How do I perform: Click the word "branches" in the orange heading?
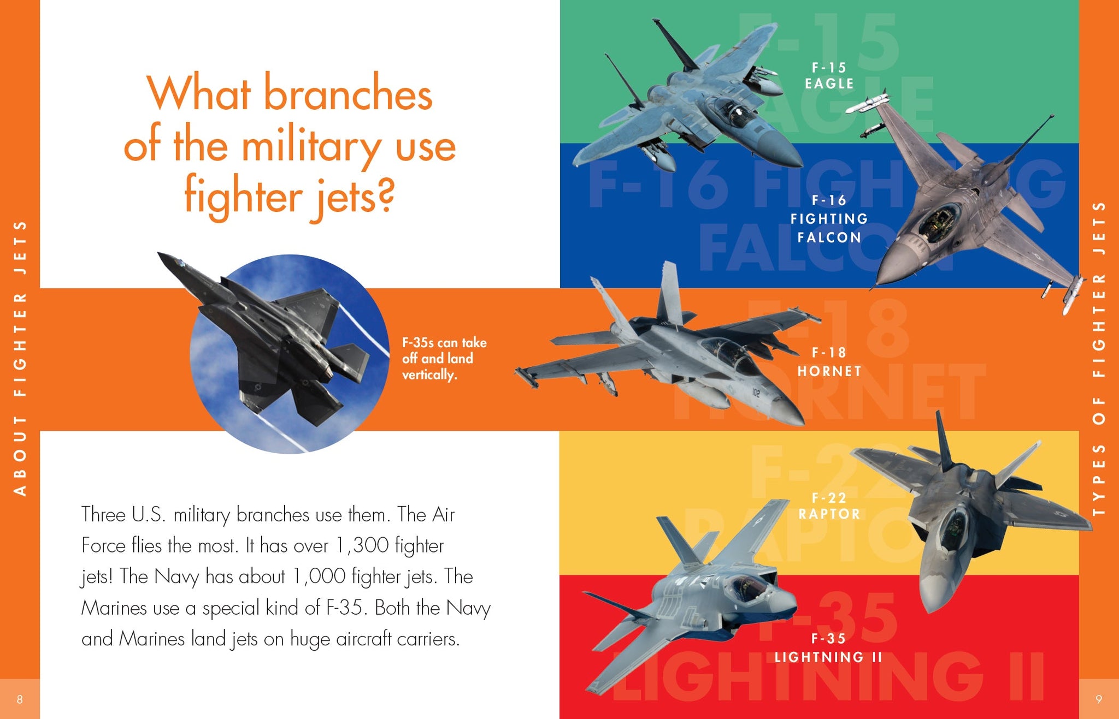(348, 92)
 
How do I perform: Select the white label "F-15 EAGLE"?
(829, 76)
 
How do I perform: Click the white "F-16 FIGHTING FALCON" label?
(829, 219)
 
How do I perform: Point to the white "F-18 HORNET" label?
(829, 362)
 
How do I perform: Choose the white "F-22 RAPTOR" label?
(829, 506)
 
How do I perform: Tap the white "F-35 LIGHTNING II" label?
(828, 648)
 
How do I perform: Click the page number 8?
(20, 699)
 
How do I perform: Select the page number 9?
(1099, 699)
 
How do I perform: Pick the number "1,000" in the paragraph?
(319, 577)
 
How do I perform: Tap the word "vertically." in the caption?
(429, 375)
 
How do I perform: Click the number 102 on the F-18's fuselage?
(756, 391)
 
